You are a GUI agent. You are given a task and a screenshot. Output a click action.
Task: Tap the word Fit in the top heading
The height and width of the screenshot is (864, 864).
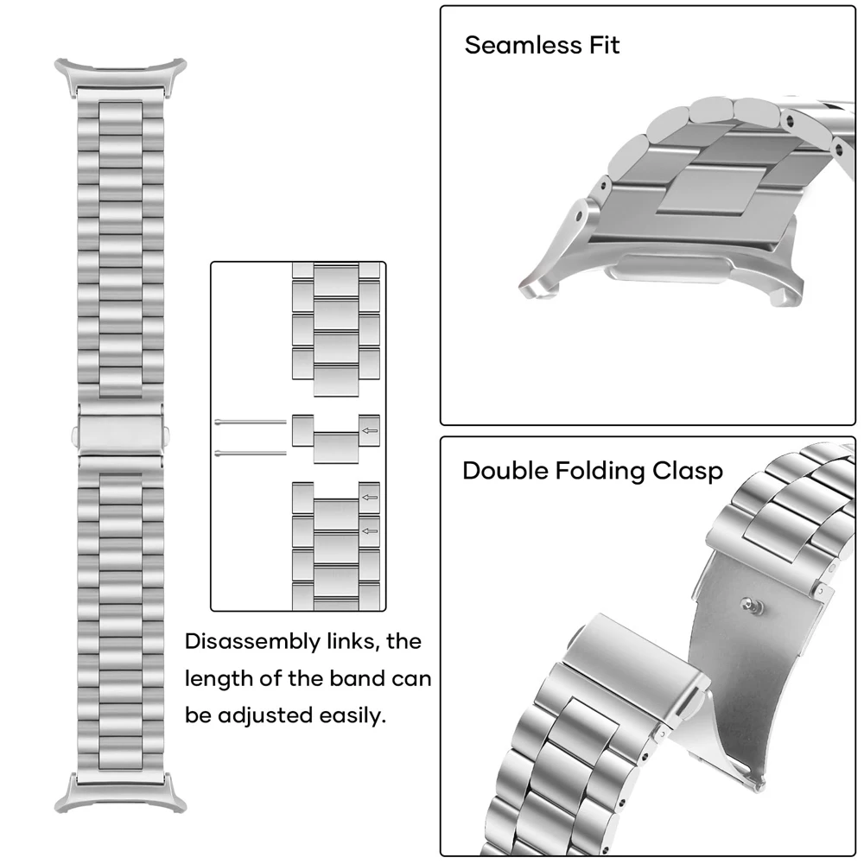[603, 45]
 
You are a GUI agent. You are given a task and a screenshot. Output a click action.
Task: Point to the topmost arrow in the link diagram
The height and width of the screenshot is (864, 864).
[370, 430]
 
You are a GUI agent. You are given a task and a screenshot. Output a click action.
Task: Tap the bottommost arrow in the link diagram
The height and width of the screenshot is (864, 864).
[370, 530]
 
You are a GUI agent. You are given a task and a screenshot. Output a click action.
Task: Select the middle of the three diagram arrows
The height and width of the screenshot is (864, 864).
[370, 497]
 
